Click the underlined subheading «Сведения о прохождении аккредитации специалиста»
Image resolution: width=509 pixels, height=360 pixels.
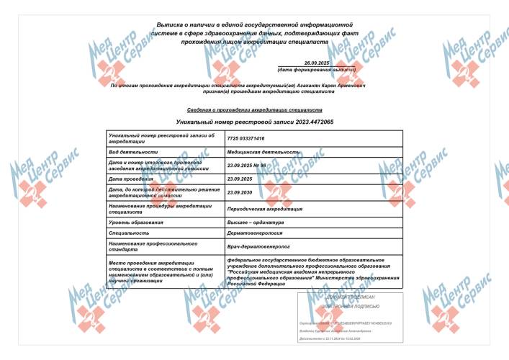(x=254, y=110)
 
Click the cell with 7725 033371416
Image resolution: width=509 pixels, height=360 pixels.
(x=246, y=138)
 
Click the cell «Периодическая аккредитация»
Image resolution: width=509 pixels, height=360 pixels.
(x=264, y=209)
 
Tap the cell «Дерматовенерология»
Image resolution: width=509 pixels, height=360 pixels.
(x=255, y=233)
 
